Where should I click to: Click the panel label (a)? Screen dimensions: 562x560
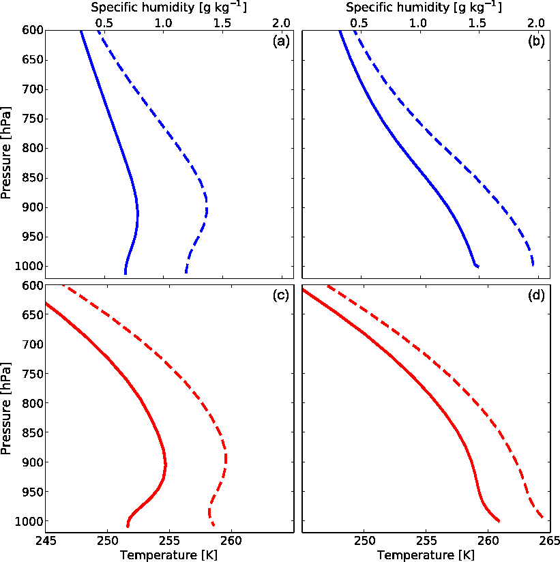pos(281,42)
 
